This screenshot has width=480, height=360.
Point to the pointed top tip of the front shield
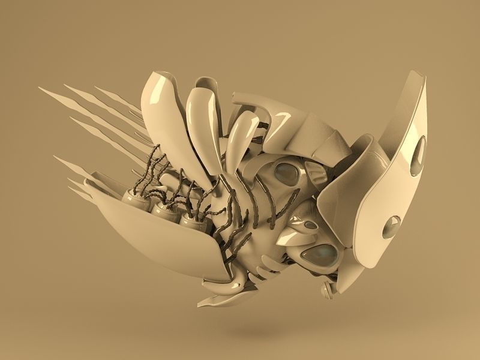click(x=413, y=73)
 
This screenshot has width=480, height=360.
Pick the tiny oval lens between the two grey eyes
click(x=310, y=225)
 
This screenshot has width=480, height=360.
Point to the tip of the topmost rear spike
click(x=40, y=88)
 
